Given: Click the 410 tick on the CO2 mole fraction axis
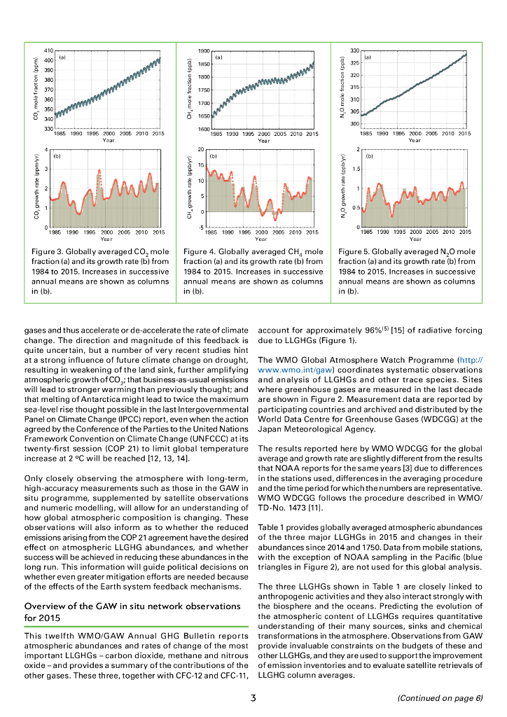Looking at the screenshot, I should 48,51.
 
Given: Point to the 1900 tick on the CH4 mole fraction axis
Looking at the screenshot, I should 203,51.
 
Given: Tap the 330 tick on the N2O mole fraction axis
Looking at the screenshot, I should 355,51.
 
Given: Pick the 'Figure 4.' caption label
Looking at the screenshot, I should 204,251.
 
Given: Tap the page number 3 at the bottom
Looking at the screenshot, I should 253,697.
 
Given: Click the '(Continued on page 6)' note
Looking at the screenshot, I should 440,698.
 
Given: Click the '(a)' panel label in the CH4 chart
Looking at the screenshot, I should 218,57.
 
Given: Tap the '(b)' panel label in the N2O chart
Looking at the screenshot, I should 368,156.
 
